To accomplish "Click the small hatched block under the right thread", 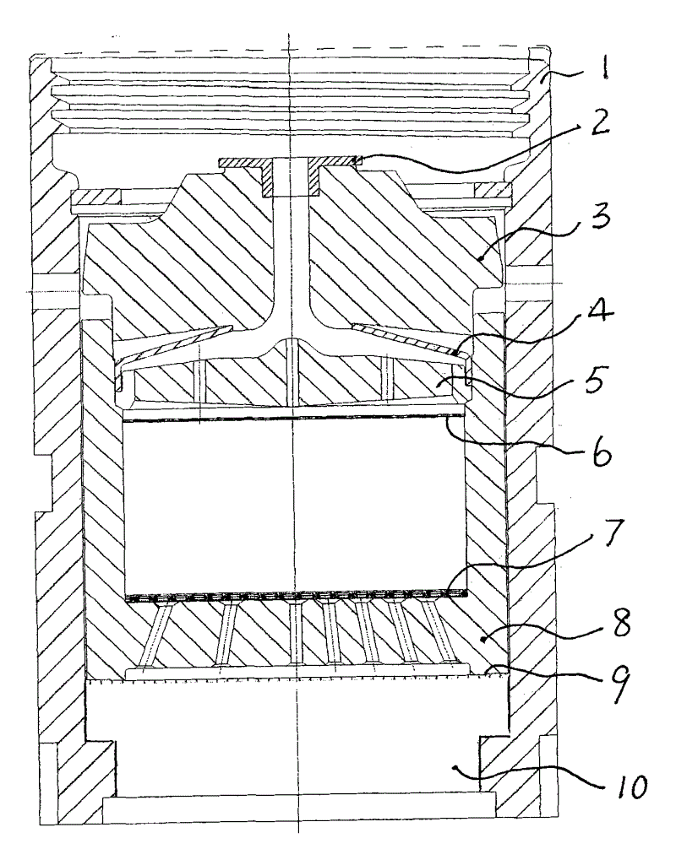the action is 493,190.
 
